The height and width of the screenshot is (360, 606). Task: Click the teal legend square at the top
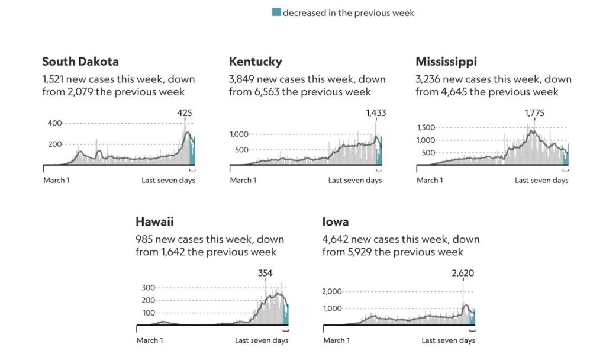[276, 12]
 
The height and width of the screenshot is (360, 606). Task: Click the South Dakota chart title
[80, 62]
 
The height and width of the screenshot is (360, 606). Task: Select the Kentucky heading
[255, 62]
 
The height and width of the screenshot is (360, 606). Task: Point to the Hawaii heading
[154, 222]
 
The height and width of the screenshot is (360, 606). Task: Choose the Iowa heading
[335, 222]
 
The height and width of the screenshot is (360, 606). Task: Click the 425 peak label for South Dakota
[185, 113]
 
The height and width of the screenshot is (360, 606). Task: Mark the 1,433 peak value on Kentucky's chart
[375, 113]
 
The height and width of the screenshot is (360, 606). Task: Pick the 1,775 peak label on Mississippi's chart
[535, 113]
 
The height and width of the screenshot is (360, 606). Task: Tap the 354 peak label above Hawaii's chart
[266, 273]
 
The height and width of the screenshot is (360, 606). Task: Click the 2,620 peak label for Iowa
[463, 273]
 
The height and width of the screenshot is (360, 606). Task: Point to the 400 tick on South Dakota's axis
[54, 123]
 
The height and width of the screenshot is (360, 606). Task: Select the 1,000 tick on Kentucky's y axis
[240, 134]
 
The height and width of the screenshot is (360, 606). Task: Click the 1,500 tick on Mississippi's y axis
[426, 127]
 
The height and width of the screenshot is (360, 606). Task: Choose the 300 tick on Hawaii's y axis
[148, 288]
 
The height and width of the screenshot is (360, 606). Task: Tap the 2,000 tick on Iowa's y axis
[333, 291]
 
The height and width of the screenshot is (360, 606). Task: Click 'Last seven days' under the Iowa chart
[448, 340]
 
